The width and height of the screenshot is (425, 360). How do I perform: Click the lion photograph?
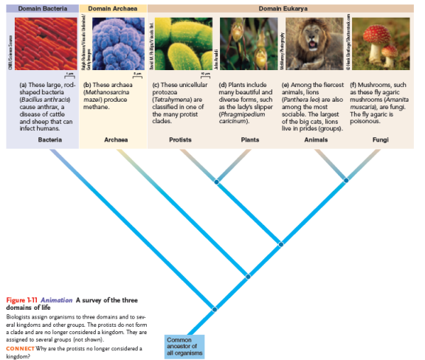coord(314,44)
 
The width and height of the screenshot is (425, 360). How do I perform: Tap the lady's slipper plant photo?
coord(247,44)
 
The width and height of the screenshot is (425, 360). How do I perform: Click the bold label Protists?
coord(180,139)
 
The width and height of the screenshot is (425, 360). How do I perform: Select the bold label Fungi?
coord(380,139)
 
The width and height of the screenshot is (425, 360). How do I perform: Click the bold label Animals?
coord(315,139)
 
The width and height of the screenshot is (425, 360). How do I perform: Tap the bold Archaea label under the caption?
coord(116,139)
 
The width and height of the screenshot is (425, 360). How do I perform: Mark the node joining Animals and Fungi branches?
coord(346,180)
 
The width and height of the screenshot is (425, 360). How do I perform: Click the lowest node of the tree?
coord(214,308)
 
